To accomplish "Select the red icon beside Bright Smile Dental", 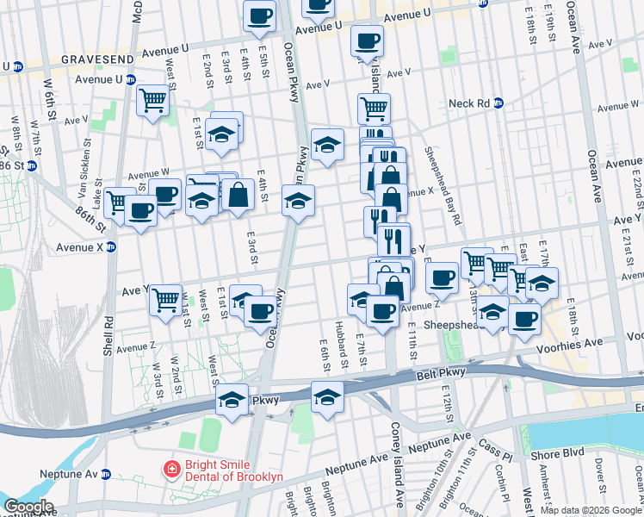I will pyautogui.click(x=173, y=470).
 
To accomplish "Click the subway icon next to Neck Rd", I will pyautogui.click(x=498, y=103).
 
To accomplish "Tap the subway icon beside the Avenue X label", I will pyautogui.click(x=110, y=247).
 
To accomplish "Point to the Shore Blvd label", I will pyautogui.click(x=564, y=452).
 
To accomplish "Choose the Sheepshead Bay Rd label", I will pyautogui.click(x=443, y=185).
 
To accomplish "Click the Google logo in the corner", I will pyautogui.click(x=28, y=507).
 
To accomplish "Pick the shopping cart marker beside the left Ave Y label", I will pyautogui.click(x=165, y=301).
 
